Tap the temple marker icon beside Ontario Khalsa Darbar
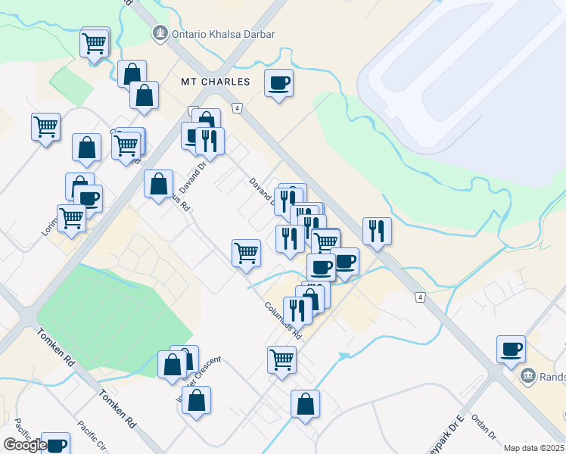159,33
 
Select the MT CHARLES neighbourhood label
214,82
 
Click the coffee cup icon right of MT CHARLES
278,82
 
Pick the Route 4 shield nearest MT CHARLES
237,109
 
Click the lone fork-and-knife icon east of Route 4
377,230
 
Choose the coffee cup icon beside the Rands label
511,348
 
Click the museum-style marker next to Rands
528,375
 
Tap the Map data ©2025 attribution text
534,448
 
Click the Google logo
25,445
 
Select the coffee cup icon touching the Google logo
54,443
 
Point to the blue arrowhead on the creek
345,355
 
